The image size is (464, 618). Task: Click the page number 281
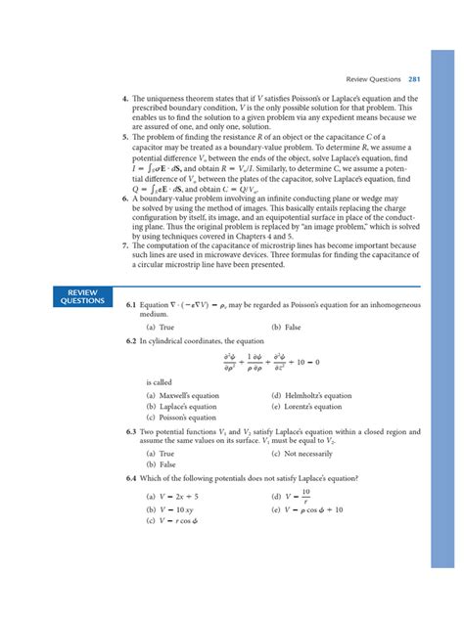(x=414, y=79)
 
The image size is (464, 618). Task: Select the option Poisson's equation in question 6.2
(x=181, y=418)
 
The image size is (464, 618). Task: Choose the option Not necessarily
(x=304, y=454)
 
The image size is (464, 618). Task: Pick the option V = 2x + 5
(x=175, y=497)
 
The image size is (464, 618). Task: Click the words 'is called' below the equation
(x=157, y=382)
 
